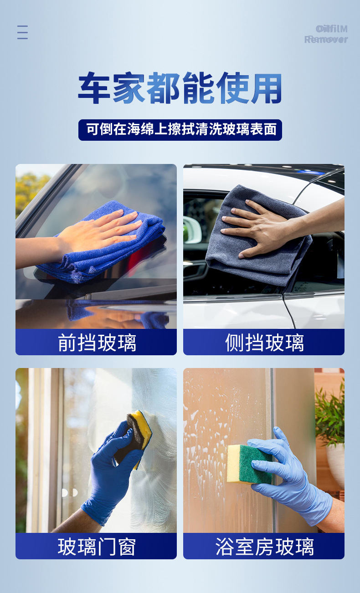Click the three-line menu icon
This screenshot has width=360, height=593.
(x=22, y=32)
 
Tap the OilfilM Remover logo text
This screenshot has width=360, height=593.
(x=326, y=34)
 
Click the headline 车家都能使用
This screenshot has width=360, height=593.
(x=180, y=88)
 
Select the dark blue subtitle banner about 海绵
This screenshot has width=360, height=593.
(x=180, y=130)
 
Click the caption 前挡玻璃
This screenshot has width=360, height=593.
(x=97, y=343)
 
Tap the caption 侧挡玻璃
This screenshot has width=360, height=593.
(x=264, y=343)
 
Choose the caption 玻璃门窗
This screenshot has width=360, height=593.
(x=97, y=547)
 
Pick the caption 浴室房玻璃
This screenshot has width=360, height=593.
(x=264, y=547)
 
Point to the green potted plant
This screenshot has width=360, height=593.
(x=330, y=413)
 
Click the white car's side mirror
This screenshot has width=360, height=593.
(x=192, y=229)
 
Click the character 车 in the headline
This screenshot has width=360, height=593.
(x=94, y=88)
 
